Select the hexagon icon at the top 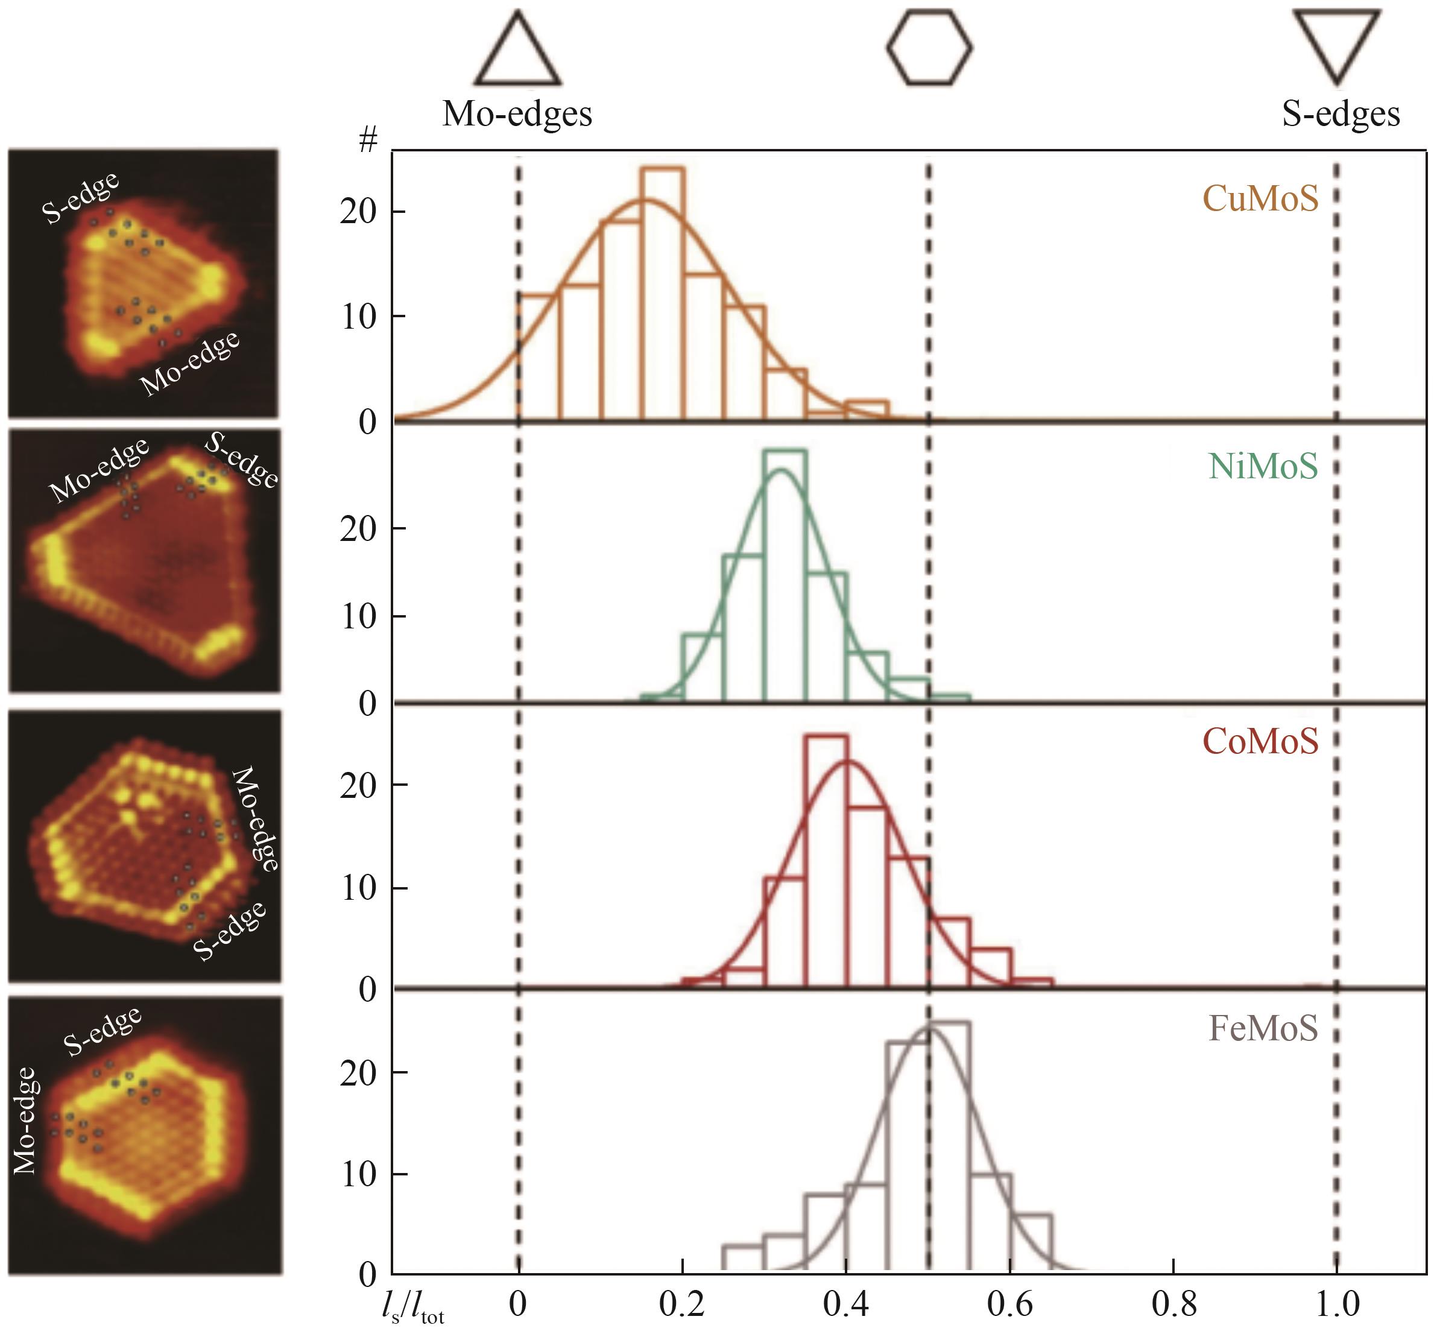[929, 47]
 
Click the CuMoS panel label [1260, 198]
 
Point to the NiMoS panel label [1263, 466]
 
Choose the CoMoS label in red [1260, 741]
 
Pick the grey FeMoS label [1263, 1028]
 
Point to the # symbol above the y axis [368, 141]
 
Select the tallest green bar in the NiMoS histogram [785, 576]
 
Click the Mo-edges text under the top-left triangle [517, 114]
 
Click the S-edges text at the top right [1341, 114]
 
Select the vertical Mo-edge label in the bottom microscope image [25, 1121]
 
